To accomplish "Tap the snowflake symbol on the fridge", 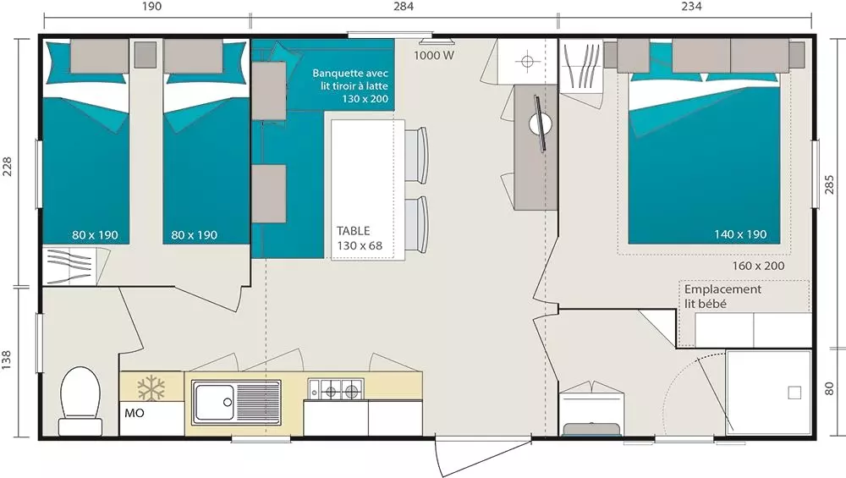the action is pyautogui.click(x=151, y=388).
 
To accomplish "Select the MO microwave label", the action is pyautogui.click(x=135, y=413).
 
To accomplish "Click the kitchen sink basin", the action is pyautogui.click(x=213, y=402).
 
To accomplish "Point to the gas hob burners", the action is pyautogui.click(x=336, y=389).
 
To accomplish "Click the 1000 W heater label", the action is pyautogui.click(x=434, y=55).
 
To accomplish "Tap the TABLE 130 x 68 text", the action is pyautogui.click(x=360, y=238).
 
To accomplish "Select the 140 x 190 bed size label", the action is pyautogui.click(x=740, y=234).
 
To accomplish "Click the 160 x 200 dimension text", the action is pyautogui.click(x=758, y=266).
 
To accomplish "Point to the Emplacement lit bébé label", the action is pyautogui.click(x=722, y=296).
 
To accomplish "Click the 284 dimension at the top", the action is pyautogui.click(x=404, y=7).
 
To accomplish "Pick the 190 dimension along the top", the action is pyautogui.click(x=151, y=7).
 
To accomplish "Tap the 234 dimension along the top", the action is pyautogui.click(x=691, y=7).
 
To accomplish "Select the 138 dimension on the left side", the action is pyautogui.click(x=7, y=360).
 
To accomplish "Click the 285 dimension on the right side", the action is pyautogui.click(x=829, y=184).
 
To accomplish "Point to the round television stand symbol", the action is pyautogui.click(x=540, y=124).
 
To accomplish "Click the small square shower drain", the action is pyautogui.click(x=794, y=393).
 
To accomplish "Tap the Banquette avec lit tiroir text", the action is pyautogui.click(x=350, y=85).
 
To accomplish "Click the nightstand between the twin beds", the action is pyautogui.click(x=146, y=54).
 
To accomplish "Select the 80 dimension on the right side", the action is pyautogui.click(x=829, y=388).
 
